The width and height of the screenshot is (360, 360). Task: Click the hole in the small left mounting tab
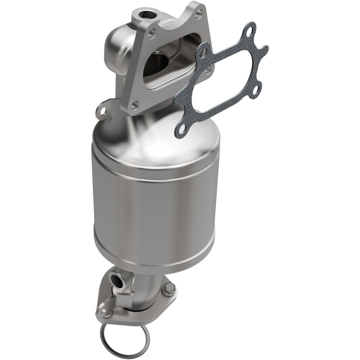click(102, 109)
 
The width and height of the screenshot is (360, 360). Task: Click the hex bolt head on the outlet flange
click(169, 289)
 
